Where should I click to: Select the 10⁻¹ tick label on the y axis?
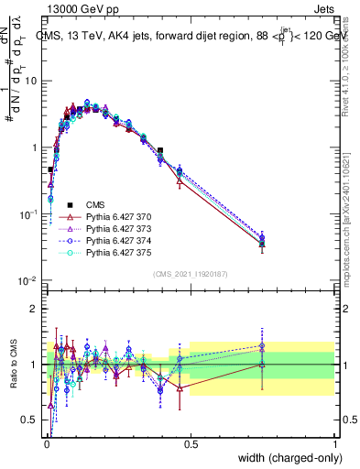click(27, 214)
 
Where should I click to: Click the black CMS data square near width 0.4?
click(160, 150)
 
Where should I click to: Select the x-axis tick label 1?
click(335, 444)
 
